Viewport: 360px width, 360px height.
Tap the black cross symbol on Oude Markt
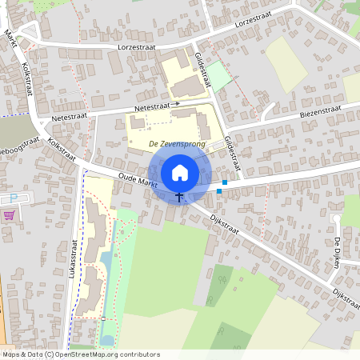tap(179, 195)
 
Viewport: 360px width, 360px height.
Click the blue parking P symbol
tap(14, 198)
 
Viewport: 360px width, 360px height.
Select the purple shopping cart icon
tap(9, 214)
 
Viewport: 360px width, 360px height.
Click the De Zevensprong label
tap(177, 144)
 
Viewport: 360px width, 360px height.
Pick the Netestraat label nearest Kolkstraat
tap(67, 117)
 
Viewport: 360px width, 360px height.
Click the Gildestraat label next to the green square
tap(202, 70)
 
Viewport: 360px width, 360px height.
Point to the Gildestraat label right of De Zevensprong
tap(232, 152)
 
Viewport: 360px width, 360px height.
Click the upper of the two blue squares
tap(225, 183)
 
